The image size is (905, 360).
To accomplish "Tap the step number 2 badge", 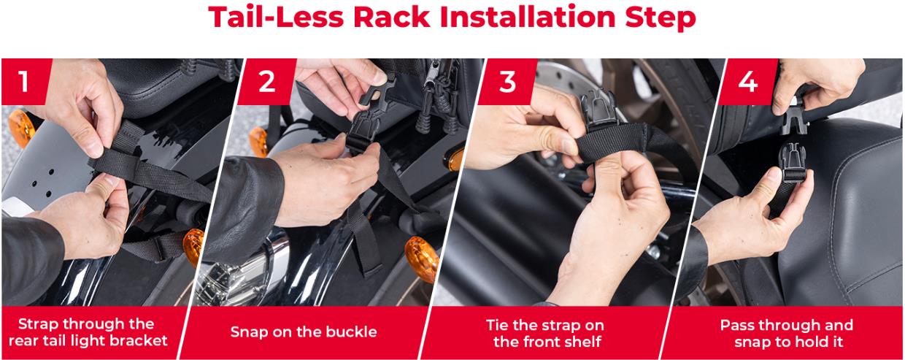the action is click(x=266, y=82).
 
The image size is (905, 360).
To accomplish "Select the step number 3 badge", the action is click(x=507, y=82).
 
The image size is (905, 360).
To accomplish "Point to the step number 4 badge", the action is click(x=747, y=82).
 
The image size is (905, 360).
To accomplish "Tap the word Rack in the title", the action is click(x=391, y=17).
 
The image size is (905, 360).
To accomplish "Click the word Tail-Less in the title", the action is click(x=276, y=17).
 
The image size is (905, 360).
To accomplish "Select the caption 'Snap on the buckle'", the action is click(x=304, y=332).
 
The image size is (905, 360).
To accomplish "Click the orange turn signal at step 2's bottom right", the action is click(x=422, y=258).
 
